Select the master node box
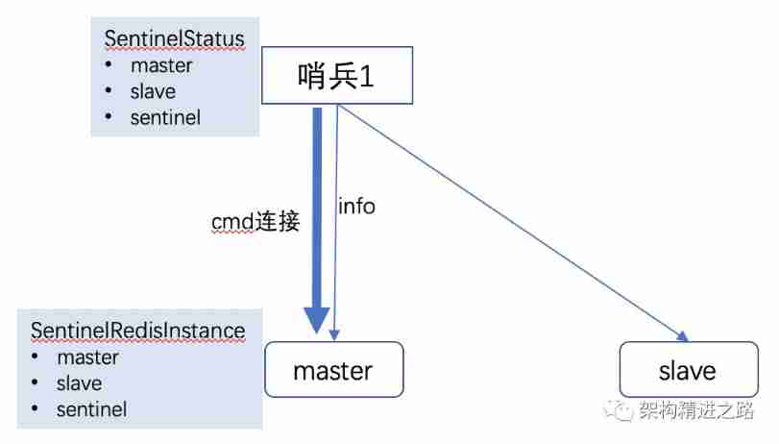332,369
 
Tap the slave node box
687,370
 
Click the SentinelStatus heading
174,39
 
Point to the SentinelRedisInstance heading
138,331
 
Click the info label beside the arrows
357,206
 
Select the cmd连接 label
256,222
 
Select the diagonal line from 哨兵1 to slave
509,220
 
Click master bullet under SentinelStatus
161,66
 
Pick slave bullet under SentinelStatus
153,92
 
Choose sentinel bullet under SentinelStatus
165,118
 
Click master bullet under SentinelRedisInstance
87,358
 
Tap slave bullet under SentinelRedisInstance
79,383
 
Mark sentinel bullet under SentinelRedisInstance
91,409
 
